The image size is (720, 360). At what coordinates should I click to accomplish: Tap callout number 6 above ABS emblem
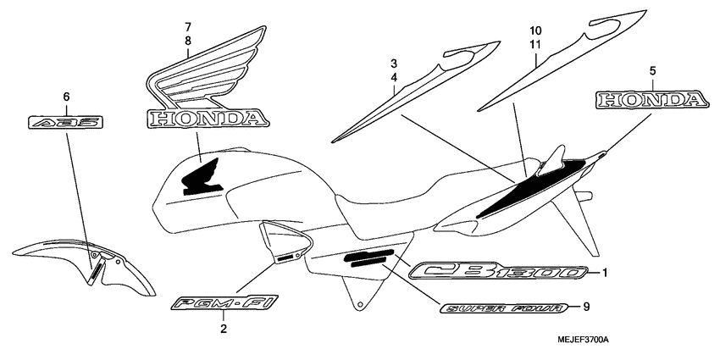66,96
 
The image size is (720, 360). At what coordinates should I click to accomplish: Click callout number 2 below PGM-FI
224,328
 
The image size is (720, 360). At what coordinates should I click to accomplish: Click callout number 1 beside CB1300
606,272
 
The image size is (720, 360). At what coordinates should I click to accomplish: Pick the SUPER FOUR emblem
503,307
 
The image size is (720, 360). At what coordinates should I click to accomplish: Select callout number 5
652,70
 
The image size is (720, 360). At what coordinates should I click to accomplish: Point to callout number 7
188,27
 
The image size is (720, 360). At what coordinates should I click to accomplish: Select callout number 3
394,64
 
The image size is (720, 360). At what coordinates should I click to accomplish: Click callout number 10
536,31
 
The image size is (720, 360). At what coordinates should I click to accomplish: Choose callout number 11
536,45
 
